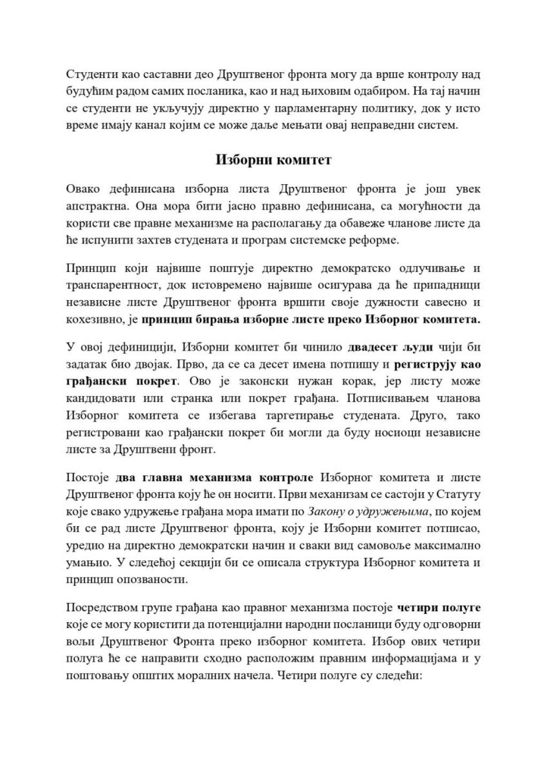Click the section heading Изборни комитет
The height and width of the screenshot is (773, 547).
tap(273, 160)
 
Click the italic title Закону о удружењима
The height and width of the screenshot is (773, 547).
tap(369, 511)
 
